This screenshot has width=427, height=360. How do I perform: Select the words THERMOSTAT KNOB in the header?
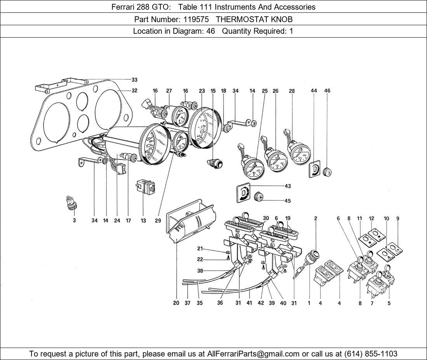coord(254,19)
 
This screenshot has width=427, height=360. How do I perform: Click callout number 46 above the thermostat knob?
coord(327,91)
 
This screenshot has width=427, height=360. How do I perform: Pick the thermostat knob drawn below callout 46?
coord(327,171)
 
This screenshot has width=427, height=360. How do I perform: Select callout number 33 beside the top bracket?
coord(134,80)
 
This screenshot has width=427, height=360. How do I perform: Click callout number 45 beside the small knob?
coord(288,201)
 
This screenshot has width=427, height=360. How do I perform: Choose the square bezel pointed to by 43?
coord(243,193)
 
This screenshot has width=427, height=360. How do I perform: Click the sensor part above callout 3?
coord(71,203)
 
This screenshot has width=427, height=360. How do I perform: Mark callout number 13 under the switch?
coord(143,221)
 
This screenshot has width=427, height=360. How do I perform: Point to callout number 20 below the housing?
coord(176,303)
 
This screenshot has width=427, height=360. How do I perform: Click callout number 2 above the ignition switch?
coord(316,218)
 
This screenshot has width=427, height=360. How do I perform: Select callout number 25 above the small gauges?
coord(265,91)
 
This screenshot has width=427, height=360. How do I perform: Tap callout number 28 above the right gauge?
coord(292,91)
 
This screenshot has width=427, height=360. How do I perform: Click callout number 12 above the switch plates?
coord(371,218)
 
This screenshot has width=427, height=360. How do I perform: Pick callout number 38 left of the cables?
coord(200,271)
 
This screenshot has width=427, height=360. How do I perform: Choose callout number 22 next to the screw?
coord(200,260)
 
